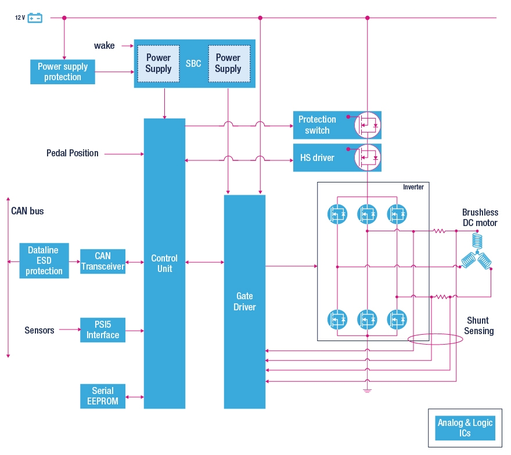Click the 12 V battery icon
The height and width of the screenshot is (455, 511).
click(35, 17)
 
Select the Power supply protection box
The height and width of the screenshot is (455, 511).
click(63, 71)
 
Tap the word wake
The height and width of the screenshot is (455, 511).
click(105, 45)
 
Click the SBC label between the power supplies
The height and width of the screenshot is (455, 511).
click(193, 63)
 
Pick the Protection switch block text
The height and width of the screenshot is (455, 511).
click(317, 125)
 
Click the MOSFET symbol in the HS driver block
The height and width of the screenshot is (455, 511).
click(367, 157)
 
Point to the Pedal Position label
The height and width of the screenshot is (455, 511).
click(73, 153)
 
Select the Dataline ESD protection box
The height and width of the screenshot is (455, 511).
click(44, 260)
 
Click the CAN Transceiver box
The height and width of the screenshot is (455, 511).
click(103, 261)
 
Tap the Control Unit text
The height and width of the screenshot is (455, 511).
click(164, 263)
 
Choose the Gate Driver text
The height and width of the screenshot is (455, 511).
click(244, 302)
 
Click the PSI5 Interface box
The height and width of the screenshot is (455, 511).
click(103, 329)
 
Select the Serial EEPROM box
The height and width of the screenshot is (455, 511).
click(103, 396)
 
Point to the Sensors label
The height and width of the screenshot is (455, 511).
click(39, 330)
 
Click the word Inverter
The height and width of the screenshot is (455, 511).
click(413, 187)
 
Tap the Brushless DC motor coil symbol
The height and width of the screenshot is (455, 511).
click(477, 251)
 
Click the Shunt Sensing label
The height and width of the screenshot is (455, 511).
click(478, 325)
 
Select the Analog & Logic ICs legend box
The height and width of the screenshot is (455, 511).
click(465, 428)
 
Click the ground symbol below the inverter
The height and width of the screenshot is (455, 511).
click(367, 390)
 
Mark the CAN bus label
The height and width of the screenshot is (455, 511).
click(27, 211)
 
